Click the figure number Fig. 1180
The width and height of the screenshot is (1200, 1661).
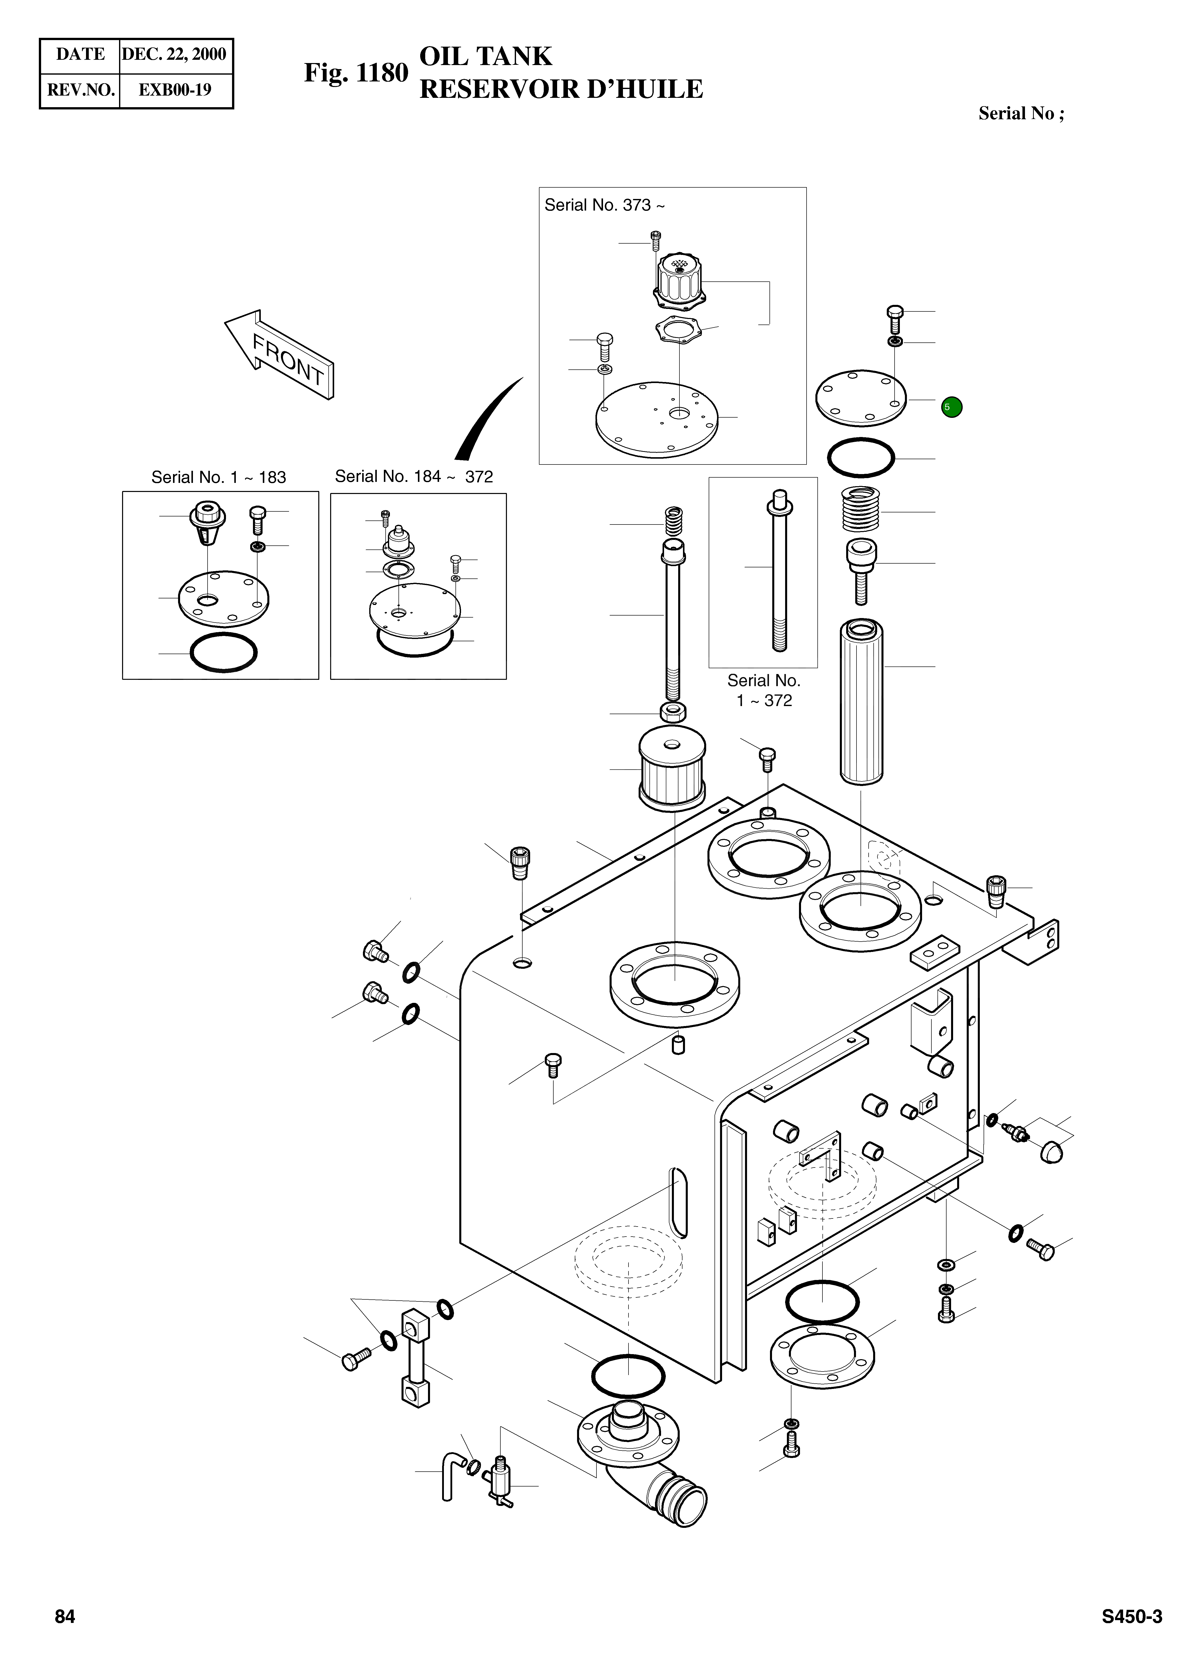(x=356, y=73)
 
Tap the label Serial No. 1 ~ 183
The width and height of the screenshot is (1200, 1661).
(x=218, y=478)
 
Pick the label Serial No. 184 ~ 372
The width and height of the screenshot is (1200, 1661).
(x=414, y=477)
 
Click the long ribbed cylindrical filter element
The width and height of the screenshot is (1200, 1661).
(x=861, y=701)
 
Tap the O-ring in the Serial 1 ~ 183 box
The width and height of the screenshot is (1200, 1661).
(x=223, y=653)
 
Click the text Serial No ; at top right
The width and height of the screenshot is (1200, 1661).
(x=1021, y=113)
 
